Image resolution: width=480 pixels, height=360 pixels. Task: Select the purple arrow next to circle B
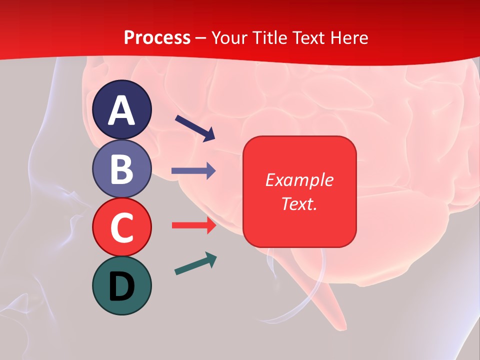tap(193, 171)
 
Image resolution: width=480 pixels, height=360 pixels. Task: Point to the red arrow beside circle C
tap(193, 225)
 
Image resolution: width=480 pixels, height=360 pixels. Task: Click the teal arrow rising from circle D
tap(195, 264)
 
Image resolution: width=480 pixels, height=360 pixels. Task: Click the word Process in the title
tap(157, 37)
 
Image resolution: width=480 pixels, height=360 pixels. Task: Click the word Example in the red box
tap(299, 180)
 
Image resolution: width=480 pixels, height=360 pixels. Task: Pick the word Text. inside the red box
tap(299, 204)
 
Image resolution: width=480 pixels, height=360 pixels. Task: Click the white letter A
tap(121, 110)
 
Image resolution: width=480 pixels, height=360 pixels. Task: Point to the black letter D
tap(121, 286)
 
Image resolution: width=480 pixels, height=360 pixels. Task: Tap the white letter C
tap(121, 228)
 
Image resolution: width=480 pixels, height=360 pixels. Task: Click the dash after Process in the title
tap(201, 37)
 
